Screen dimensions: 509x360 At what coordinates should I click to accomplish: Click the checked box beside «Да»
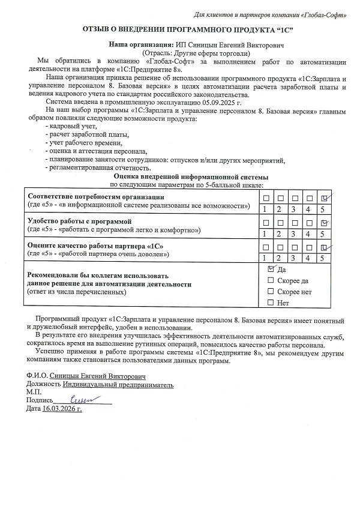pyautogui.click(x=271, y=270)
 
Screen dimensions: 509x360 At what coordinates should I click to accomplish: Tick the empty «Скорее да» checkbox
pyautogui.click(x=271, y=280)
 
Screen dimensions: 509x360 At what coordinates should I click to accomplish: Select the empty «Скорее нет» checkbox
pyautogui.click(x=271, y=291)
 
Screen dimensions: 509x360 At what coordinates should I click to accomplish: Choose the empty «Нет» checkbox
pyautogui.click(x=271, y=302)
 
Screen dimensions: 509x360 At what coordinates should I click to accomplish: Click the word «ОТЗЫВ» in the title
pyautogui.click(x=95, y=31)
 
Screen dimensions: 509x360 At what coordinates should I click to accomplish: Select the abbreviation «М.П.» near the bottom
pyautogui.click(x=34, y=391)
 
